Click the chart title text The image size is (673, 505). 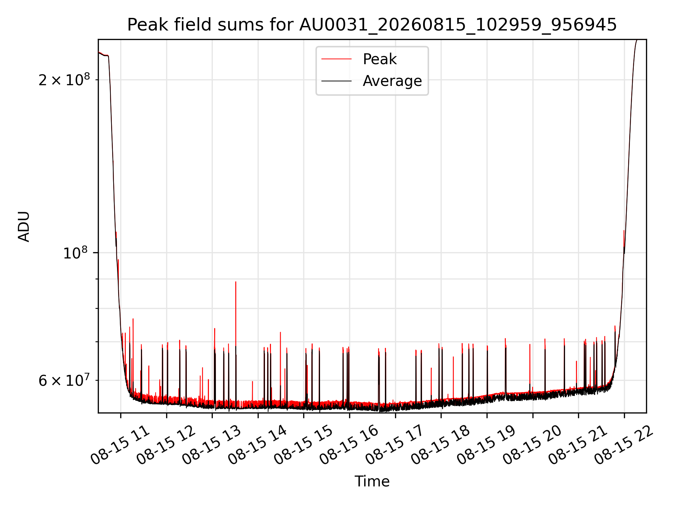click(x=372, y=25)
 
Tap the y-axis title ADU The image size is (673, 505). click(x=24, y=227)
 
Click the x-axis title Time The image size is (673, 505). click(x=372, y=482)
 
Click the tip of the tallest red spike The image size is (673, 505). click(x=236, y=282)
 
